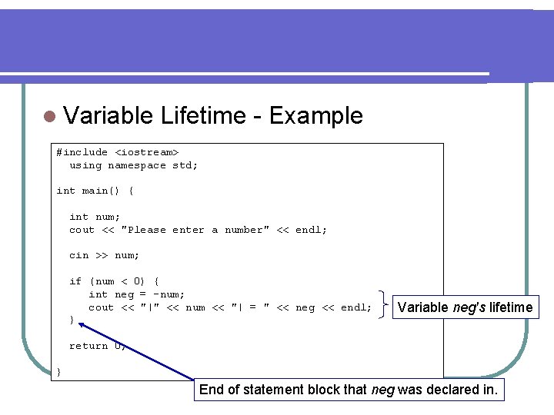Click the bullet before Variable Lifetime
49,117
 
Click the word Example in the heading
315,116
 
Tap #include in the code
82,152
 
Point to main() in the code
102,191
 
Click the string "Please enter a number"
195,230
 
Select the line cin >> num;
104,255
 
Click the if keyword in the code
75,281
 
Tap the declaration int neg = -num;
136,294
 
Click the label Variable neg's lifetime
465,307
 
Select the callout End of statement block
349,390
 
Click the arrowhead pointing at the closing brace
82,326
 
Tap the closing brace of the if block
72,320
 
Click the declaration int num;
95,217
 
